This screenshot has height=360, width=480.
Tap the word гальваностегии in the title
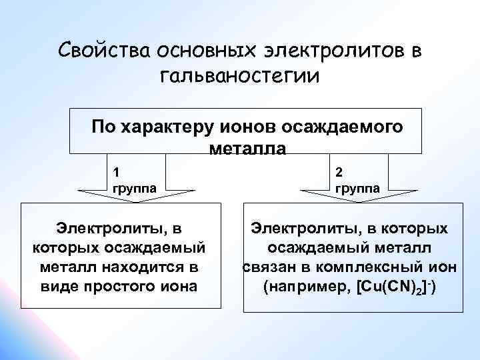(x=240, y=75)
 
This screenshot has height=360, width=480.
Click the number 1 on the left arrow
(x=117, y=170)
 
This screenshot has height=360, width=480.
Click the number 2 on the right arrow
(x=339, y=170)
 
